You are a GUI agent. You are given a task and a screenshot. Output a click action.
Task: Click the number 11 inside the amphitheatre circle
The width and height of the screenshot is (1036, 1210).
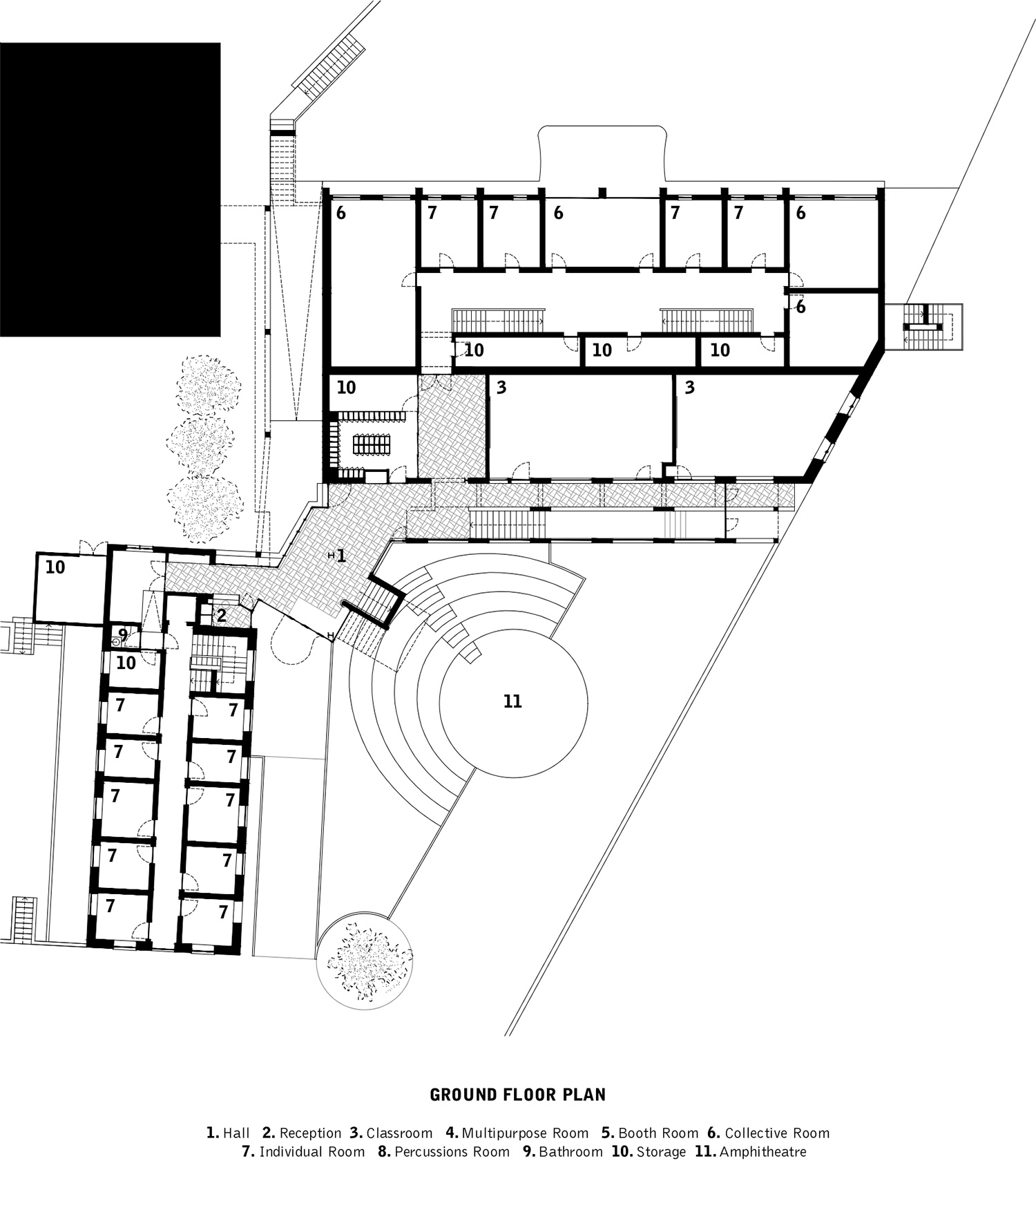(x=512, y=702)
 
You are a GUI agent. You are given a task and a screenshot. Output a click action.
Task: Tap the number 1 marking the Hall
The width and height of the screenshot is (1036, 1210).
(x=340, y=556)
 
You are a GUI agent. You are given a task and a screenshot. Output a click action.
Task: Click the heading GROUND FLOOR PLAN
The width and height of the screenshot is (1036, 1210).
(x=517, y=1095)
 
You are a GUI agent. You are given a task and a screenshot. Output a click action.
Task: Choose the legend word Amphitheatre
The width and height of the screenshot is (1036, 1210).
(x=762, y=1152)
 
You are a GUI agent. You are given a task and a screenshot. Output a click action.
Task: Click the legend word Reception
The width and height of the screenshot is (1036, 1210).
(x=310, y=1133)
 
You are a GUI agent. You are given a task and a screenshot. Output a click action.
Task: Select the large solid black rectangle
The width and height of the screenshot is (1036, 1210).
(x=109, y=189)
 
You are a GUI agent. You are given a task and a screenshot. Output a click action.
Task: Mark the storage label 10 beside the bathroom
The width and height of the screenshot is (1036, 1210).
(x=126, y=663)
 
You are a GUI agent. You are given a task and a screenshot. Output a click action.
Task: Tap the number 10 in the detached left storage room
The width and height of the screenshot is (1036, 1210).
(x=55, y=567)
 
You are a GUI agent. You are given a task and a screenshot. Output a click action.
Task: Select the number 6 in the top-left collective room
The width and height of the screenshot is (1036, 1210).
(x=340, y=214)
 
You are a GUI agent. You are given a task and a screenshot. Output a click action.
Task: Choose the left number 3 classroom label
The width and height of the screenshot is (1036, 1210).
(x=501, y=388)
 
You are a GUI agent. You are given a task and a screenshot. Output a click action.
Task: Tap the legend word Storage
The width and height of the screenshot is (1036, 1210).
(x=661, y=1152)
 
